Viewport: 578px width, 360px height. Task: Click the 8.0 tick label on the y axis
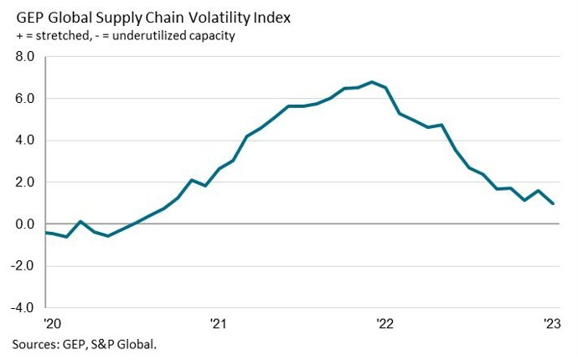coord(23,57)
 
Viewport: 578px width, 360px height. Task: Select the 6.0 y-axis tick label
coord(23,99)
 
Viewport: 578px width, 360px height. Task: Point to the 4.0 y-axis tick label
coord(23,141)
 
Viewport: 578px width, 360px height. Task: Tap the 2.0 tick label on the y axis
coord(23,183)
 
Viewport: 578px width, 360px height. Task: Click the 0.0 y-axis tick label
coord(23,224)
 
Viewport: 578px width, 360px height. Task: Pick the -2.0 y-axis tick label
coord(22,266)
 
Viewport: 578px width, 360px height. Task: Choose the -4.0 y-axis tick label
coord(22,308)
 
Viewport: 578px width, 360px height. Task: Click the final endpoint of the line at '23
coord(552,203)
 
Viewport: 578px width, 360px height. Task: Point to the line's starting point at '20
coord(48,233)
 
